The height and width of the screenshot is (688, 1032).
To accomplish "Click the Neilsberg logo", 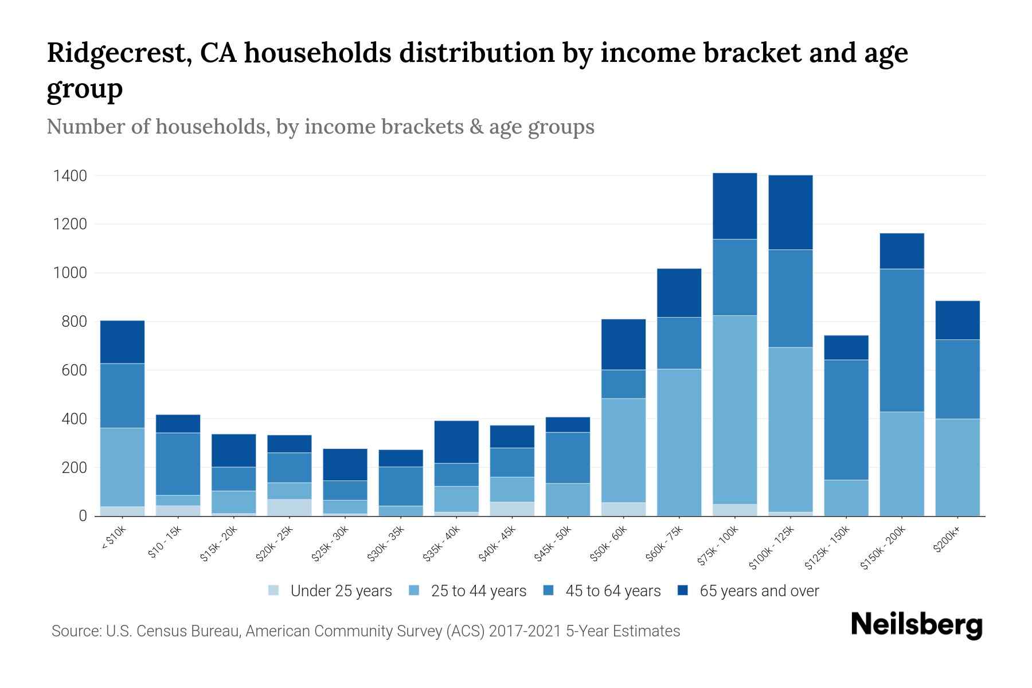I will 916,626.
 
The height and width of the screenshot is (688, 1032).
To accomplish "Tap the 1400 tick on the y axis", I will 70,176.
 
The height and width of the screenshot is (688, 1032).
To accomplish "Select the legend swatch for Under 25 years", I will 273,590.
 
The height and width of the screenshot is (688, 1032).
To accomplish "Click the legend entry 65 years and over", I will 759,591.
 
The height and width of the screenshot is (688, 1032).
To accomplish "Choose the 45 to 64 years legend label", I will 612,591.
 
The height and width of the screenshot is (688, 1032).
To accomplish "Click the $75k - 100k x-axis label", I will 718,547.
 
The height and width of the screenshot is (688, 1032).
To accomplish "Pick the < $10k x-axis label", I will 114,539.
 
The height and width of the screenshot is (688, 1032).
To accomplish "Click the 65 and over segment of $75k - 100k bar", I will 734,206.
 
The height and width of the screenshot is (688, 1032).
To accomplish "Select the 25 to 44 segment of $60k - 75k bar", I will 679,442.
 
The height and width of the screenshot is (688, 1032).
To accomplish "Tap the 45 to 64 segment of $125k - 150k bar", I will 846,420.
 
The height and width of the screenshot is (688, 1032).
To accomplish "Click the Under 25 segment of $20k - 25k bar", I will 289,507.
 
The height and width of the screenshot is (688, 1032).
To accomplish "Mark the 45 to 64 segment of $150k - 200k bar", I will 901,340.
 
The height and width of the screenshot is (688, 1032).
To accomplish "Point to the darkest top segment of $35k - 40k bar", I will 456,441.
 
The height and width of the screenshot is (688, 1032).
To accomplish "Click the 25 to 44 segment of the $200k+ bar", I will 957,467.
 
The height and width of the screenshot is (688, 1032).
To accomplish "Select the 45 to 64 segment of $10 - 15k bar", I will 178,464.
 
